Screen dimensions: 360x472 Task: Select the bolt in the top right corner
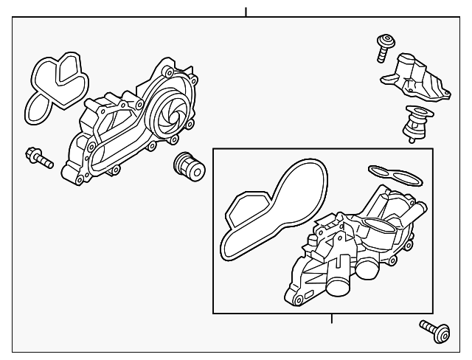(x=383, y=46)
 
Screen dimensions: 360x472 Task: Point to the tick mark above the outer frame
(x=246, y=11)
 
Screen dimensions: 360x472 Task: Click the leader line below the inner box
(x=332, y=319)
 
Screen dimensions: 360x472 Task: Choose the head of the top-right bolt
(x=383, y=38)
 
